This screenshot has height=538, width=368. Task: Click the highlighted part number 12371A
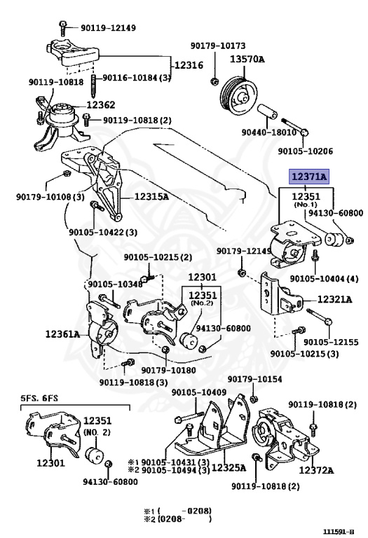pos(309,177)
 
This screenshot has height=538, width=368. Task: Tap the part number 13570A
pos(247,59)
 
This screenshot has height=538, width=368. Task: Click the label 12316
pos(189,65)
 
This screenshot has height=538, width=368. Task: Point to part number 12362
pos(100,104)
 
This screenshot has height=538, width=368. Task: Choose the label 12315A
pos(151,197)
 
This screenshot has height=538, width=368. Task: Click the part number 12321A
pos(334,300)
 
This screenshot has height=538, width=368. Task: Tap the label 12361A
pos(62,334)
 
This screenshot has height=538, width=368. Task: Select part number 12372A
pos(316,470)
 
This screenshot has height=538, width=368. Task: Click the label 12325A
pos(229,468)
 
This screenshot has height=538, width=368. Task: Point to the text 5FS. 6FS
pos(39,399)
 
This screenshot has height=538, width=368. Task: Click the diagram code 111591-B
pos(338,532)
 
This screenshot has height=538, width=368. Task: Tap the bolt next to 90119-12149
pos(63,28)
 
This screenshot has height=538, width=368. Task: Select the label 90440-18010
pos(268,132)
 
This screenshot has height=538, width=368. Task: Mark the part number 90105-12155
pos(331,342)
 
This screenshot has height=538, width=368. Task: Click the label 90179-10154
pos(254,379)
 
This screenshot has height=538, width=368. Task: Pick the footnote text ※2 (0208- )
pos(177,519)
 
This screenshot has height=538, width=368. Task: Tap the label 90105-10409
pos(199,392)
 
